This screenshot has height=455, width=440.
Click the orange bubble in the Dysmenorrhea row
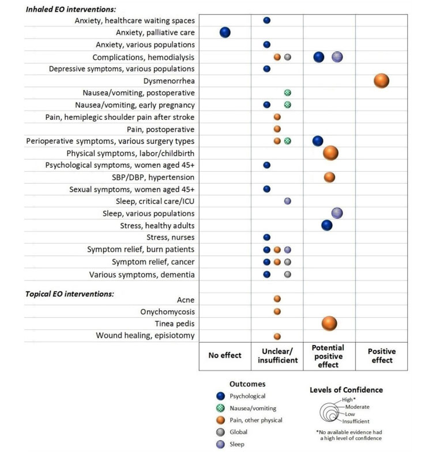tap(381, 81)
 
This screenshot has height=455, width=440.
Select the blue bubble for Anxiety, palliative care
tap(225, 32)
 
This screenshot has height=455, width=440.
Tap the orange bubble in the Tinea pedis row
tap(329, 323)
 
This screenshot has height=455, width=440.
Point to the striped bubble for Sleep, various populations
tap(337, 213)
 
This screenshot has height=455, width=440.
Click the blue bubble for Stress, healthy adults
tap(327, 225)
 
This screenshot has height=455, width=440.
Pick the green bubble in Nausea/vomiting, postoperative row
tap(287, 93)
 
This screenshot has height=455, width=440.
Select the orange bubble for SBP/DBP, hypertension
tap(329, 177)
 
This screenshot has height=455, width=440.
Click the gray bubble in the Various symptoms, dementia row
tap(287, 274)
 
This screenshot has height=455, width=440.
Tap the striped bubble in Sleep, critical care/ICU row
tap(287, 201)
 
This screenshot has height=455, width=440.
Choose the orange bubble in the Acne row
tap(277, 298)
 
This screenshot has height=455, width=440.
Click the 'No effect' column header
tap(225, 355)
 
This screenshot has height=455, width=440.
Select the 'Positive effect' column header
tap(382, 356)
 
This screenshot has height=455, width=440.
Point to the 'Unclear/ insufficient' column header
tap(277, 356)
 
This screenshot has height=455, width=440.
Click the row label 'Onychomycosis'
tap(167, 312)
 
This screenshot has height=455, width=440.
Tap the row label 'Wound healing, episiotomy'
tap(145, 335)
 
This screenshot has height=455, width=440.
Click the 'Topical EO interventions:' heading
tap(70, 294)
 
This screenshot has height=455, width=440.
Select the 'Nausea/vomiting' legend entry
tap(246, 408)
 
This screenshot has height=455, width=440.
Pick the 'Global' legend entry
tap(232, 432)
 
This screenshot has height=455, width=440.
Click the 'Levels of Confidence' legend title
tap(346, 390)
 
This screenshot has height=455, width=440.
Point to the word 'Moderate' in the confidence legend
tap(357, 407)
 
